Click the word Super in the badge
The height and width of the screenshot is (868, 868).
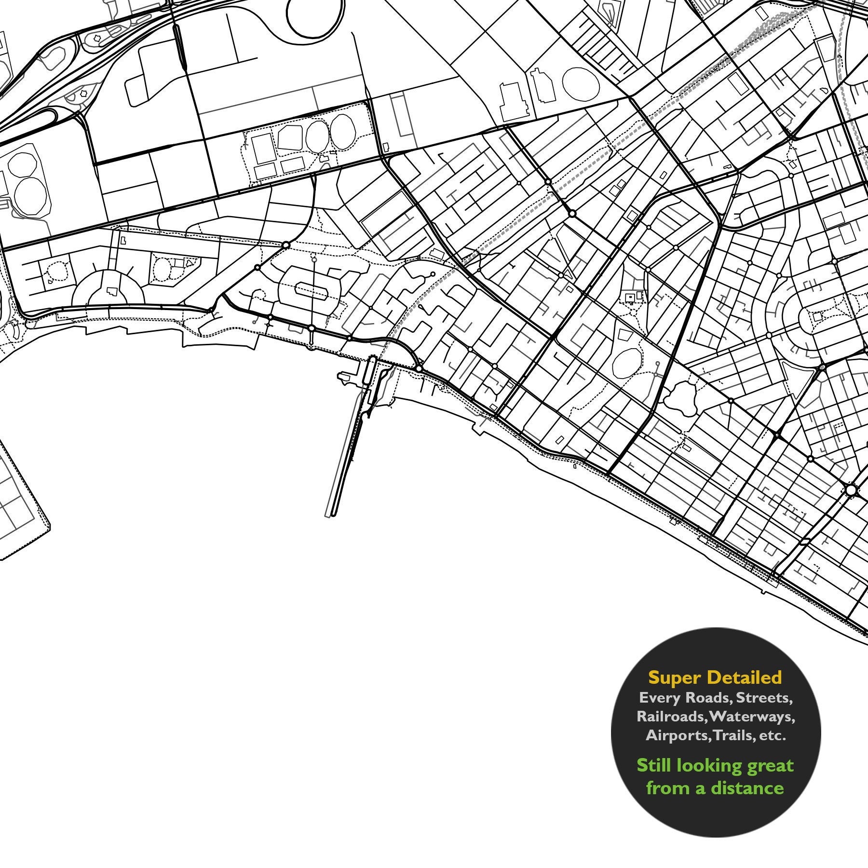[x=675, y=678]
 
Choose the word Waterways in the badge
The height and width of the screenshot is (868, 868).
[x=752, y=717]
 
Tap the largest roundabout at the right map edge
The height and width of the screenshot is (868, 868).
[x=851, y=490]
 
